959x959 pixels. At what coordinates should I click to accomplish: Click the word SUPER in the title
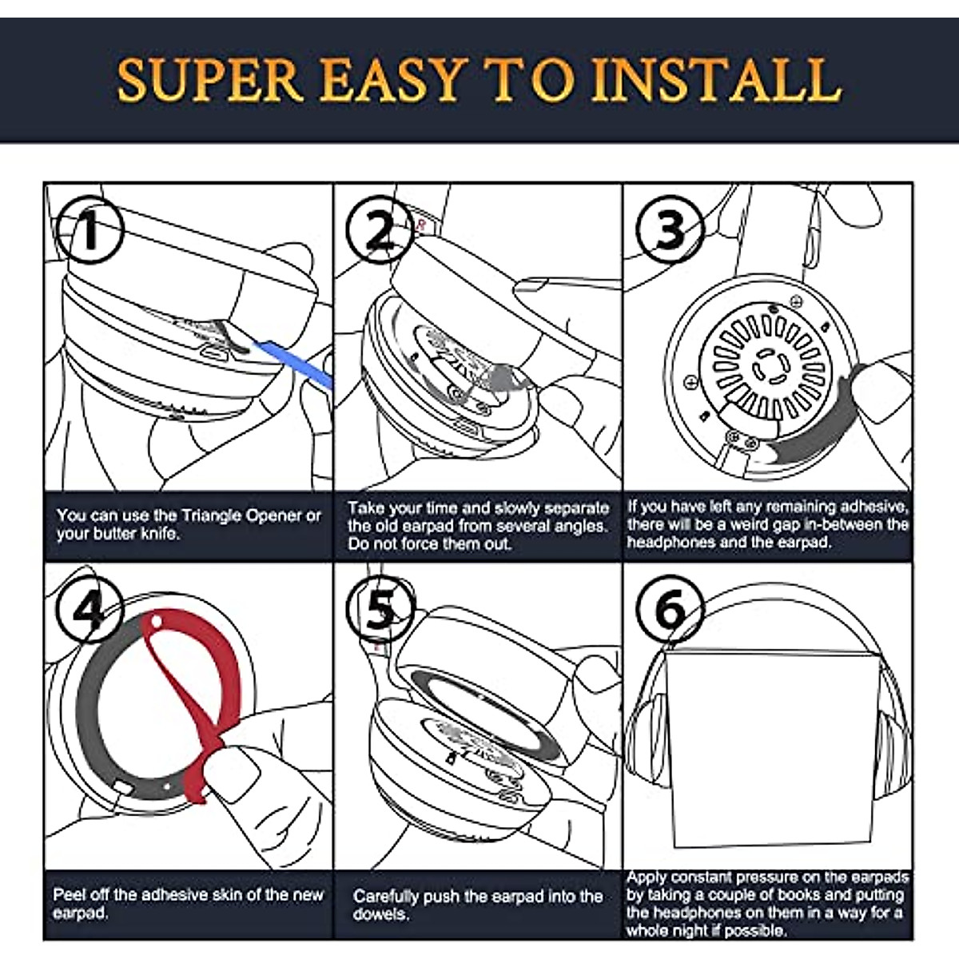pos(210,78)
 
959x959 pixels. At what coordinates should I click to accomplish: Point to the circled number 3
pos(670,230)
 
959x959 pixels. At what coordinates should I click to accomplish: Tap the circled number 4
pos(88,612)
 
